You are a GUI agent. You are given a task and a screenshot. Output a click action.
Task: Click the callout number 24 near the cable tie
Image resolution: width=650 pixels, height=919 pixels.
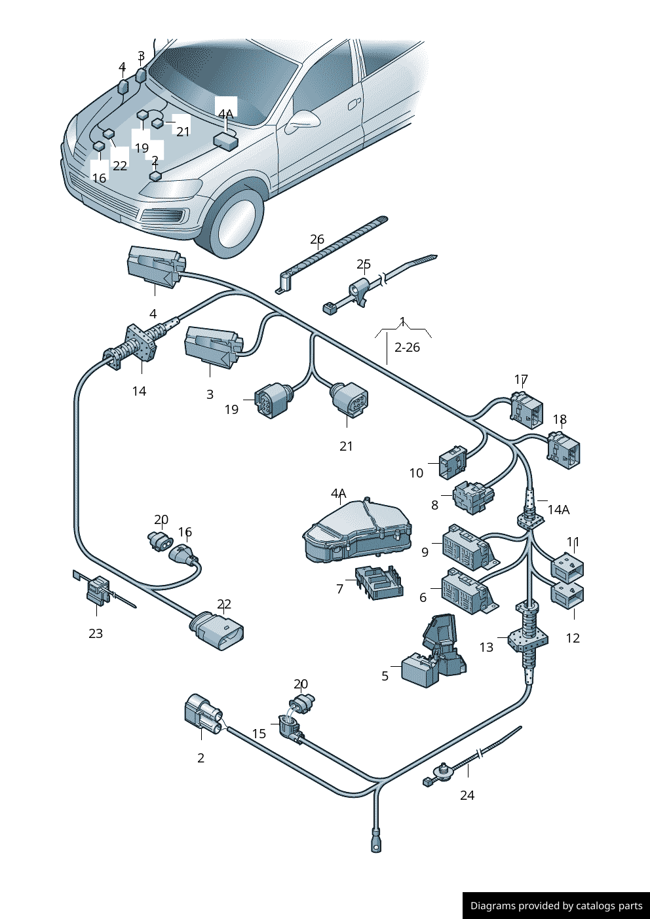[x=467, y=795]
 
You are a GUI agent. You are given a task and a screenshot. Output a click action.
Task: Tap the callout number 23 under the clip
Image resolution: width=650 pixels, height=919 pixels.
[x=96, y=633]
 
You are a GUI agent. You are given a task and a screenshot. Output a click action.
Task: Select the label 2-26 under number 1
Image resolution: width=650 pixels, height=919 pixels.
[x=407, y=348]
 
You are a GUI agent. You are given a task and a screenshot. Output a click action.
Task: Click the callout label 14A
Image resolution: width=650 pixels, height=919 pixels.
[x=558, y=510]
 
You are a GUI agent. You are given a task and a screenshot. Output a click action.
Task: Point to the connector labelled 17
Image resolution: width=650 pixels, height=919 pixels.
[x=527, y=409]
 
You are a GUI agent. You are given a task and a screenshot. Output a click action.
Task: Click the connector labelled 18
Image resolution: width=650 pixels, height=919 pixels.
[x=564, y=451]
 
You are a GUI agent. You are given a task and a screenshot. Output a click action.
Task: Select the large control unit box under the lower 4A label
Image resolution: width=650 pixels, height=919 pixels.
[x=357, y=531]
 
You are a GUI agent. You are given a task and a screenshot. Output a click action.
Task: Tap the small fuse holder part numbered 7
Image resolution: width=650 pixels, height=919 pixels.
[x=379, y=582]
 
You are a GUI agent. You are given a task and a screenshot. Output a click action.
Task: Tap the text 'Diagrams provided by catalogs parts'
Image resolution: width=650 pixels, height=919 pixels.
[x=556, y=906]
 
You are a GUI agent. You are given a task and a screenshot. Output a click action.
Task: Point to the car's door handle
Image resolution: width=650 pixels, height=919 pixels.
[x=354, y=103]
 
